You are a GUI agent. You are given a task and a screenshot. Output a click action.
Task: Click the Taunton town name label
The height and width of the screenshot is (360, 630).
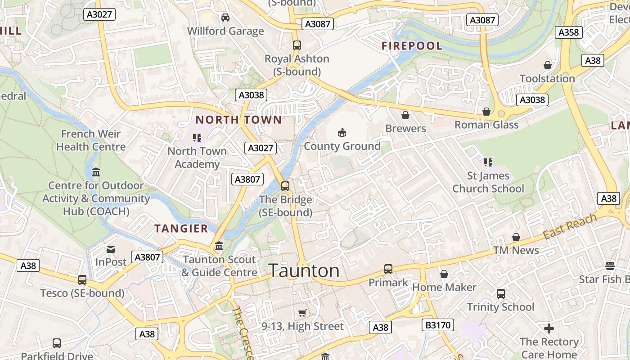[304, 271]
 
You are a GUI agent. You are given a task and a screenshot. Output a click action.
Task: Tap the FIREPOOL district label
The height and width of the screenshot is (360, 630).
[412, 46]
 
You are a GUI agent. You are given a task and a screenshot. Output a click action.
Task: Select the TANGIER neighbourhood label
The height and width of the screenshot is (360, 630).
[181, 229]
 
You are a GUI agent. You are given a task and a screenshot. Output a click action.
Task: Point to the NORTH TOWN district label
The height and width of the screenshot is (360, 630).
[238, 120]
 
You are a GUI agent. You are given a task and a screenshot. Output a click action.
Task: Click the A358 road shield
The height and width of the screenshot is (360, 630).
[569, 32]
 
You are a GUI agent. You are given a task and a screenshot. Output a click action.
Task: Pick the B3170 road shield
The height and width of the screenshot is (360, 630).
[437, 325]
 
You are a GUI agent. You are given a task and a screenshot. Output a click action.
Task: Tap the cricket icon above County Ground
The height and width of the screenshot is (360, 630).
[342, 132]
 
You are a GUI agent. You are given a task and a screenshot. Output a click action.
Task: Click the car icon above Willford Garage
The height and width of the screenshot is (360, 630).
[225, 18]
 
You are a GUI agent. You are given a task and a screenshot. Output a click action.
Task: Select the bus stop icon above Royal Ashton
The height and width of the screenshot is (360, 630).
[297, 45]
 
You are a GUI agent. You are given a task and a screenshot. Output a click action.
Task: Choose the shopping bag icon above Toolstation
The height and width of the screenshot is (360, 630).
[547, 65]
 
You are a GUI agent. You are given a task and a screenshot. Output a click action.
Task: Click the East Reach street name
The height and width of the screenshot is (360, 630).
[570, 227]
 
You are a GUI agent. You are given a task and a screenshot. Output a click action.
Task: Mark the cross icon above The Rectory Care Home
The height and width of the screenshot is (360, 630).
[549, 328]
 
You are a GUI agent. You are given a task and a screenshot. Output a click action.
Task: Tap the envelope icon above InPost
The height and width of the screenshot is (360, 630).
[110, 249]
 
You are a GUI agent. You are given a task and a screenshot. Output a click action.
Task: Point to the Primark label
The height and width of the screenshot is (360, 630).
[388, 283]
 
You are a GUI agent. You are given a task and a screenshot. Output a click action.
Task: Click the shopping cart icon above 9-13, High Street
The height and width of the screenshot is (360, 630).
[302, 313]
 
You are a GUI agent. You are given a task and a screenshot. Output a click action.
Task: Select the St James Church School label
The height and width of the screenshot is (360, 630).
[488, 182]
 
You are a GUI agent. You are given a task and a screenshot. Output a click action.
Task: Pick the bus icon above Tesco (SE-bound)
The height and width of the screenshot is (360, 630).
[82, 280]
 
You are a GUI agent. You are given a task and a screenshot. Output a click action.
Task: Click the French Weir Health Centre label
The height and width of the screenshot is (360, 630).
[90, 140]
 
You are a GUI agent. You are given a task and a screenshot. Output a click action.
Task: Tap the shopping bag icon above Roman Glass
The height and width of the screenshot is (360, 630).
[486, 112]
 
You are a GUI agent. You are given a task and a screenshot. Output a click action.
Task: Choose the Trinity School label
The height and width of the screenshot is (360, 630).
[500, 307]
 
